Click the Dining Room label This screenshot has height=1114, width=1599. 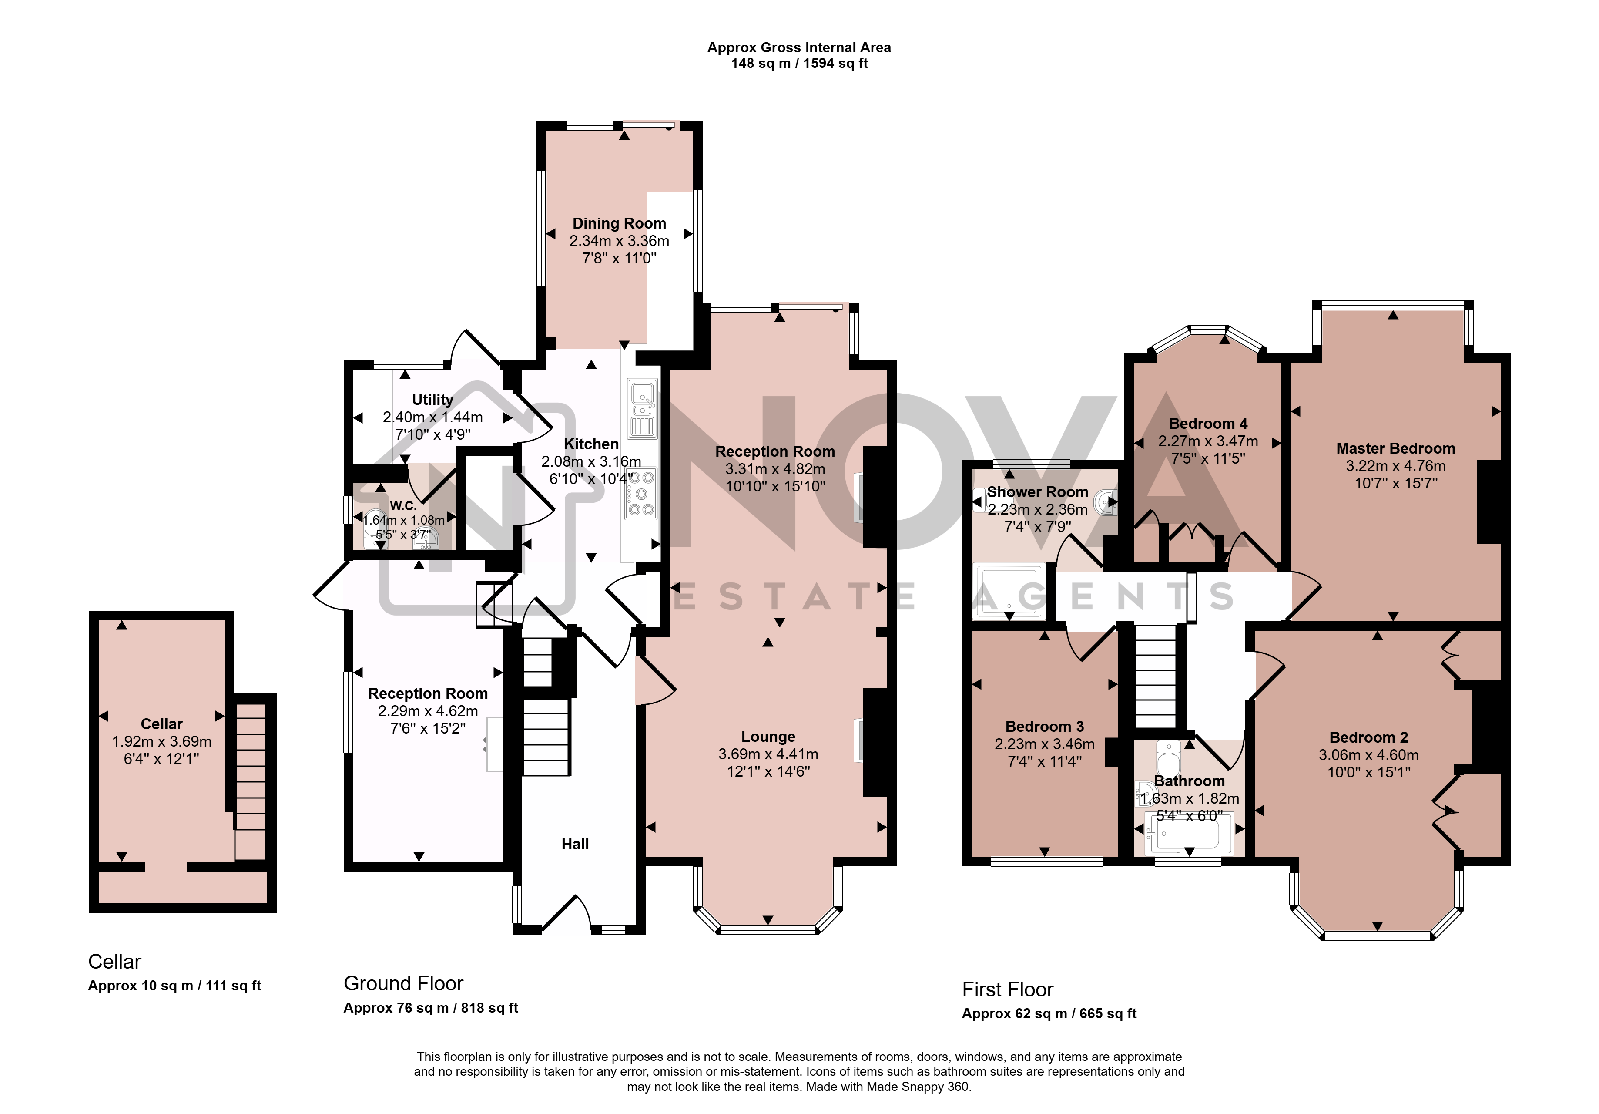click(x=619, y=224)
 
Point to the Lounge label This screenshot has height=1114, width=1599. click(x=768, y=737)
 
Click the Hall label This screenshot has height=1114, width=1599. click(x=575, y=845)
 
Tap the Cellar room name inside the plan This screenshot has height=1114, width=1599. click(x=161, y=724)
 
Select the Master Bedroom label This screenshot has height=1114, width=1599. click(x=1396, y=449)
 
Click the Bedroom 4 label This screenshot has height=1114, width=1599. click(x=1208, y=424)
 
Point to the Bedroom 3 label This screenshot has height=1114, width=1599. click(x=1045, y=727)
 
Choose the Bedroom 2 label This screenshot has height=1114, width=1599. click(x=1368, y=737)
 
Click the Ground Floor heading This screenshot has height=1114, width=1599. click(x=403, y=984)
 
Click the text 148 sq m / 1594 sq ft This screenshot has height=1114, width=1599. click(x=800, y=64)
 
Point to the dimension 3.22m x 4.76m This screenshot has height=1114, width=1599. click(x=1396, y=466)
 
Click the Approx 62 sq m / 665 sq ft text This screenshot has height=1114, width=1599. click(x=1049, y=1014)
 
